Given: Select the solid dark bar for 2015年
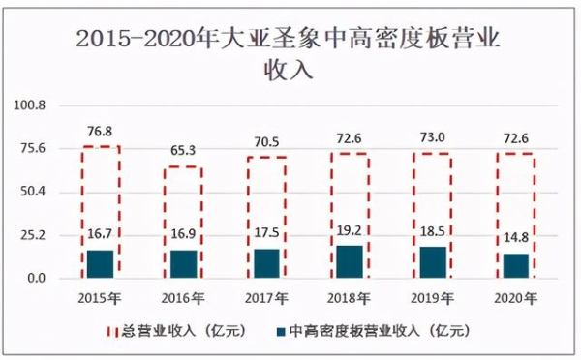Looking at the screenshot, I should tap(100, 264).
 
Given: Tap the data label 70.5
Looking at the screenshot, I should tap(266, 142).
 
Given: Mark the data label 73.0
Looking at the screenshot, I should tap(434, 137).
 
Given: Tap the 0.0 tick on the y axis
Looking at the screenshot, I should tap(35, 279).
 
